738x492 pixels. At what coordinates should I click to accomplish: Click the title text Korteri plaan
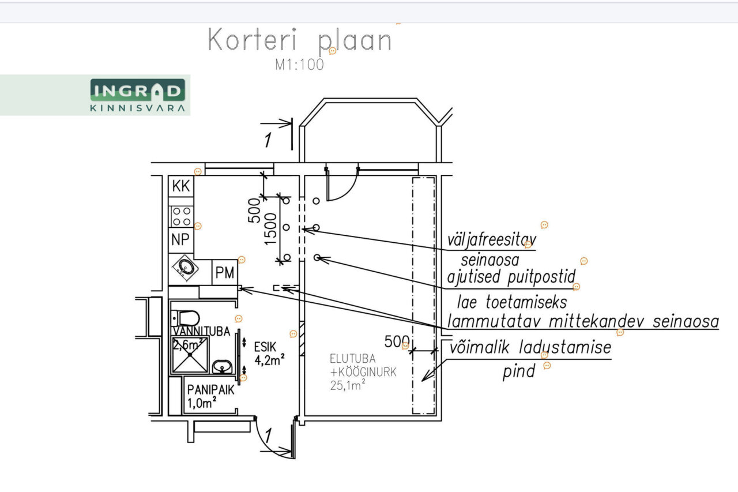299,41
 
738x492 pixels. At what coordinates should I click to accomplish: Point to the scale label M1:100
299,65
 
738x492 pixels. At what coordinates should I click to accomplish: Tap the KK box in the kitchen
182,186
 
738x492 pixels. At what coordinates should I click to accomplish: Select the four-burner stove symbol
182,216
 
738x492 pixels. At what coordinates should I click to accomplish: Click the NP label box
181,240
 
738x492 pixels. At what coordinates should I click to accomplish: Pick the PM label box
224,273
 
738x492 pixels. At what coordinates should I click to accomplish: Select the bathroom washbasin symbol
222,366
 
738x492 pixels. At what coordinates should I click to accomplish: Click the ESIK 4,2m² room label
268,353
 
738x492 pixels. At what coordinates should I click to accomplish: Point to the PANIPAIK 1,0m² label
210,396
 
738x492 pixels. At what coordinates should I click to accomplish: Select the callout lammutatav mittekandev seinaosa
582,321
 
